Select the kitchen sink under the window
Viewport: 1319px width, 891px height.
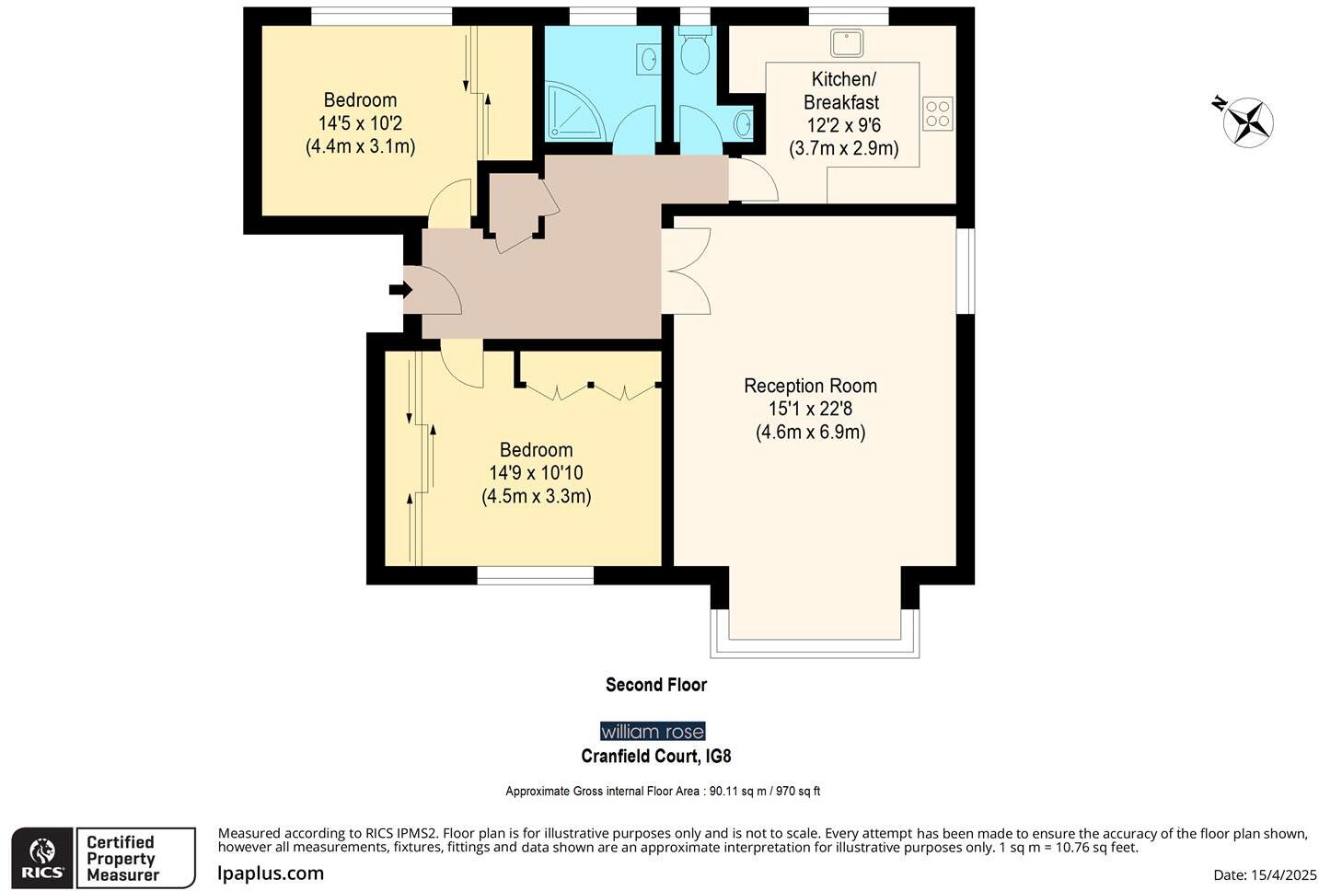tap(846, 42)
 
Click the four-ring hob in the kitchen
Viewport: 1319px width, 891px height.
tap(937, 114)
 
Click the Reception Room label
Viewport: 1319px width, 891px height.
tap(810, 386)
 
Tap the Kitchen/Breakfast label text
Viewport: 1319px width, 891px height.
tap(842, 90)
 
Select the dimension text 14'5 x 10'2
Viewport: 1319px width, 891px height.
tap(360, 123)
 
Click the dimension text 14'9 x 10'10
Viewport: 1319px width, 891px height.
tap(536, 473)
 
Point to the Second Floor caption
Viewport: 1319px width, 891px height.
tap(655, 685)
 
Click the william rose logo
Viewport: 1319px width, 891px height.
tap(653, 732)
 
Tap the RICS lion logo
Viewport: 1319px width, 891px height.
tap(42, 858)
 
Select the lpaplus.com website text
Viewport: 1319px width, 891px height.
tap(271, 874)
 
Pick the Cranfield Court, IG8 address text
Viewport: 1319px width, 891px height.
tap(655, 757)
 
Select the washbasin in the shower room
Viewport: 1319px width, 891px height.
tap(648, 60)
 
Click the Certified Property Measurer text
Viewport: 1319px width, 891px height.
tap(122, 858)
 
